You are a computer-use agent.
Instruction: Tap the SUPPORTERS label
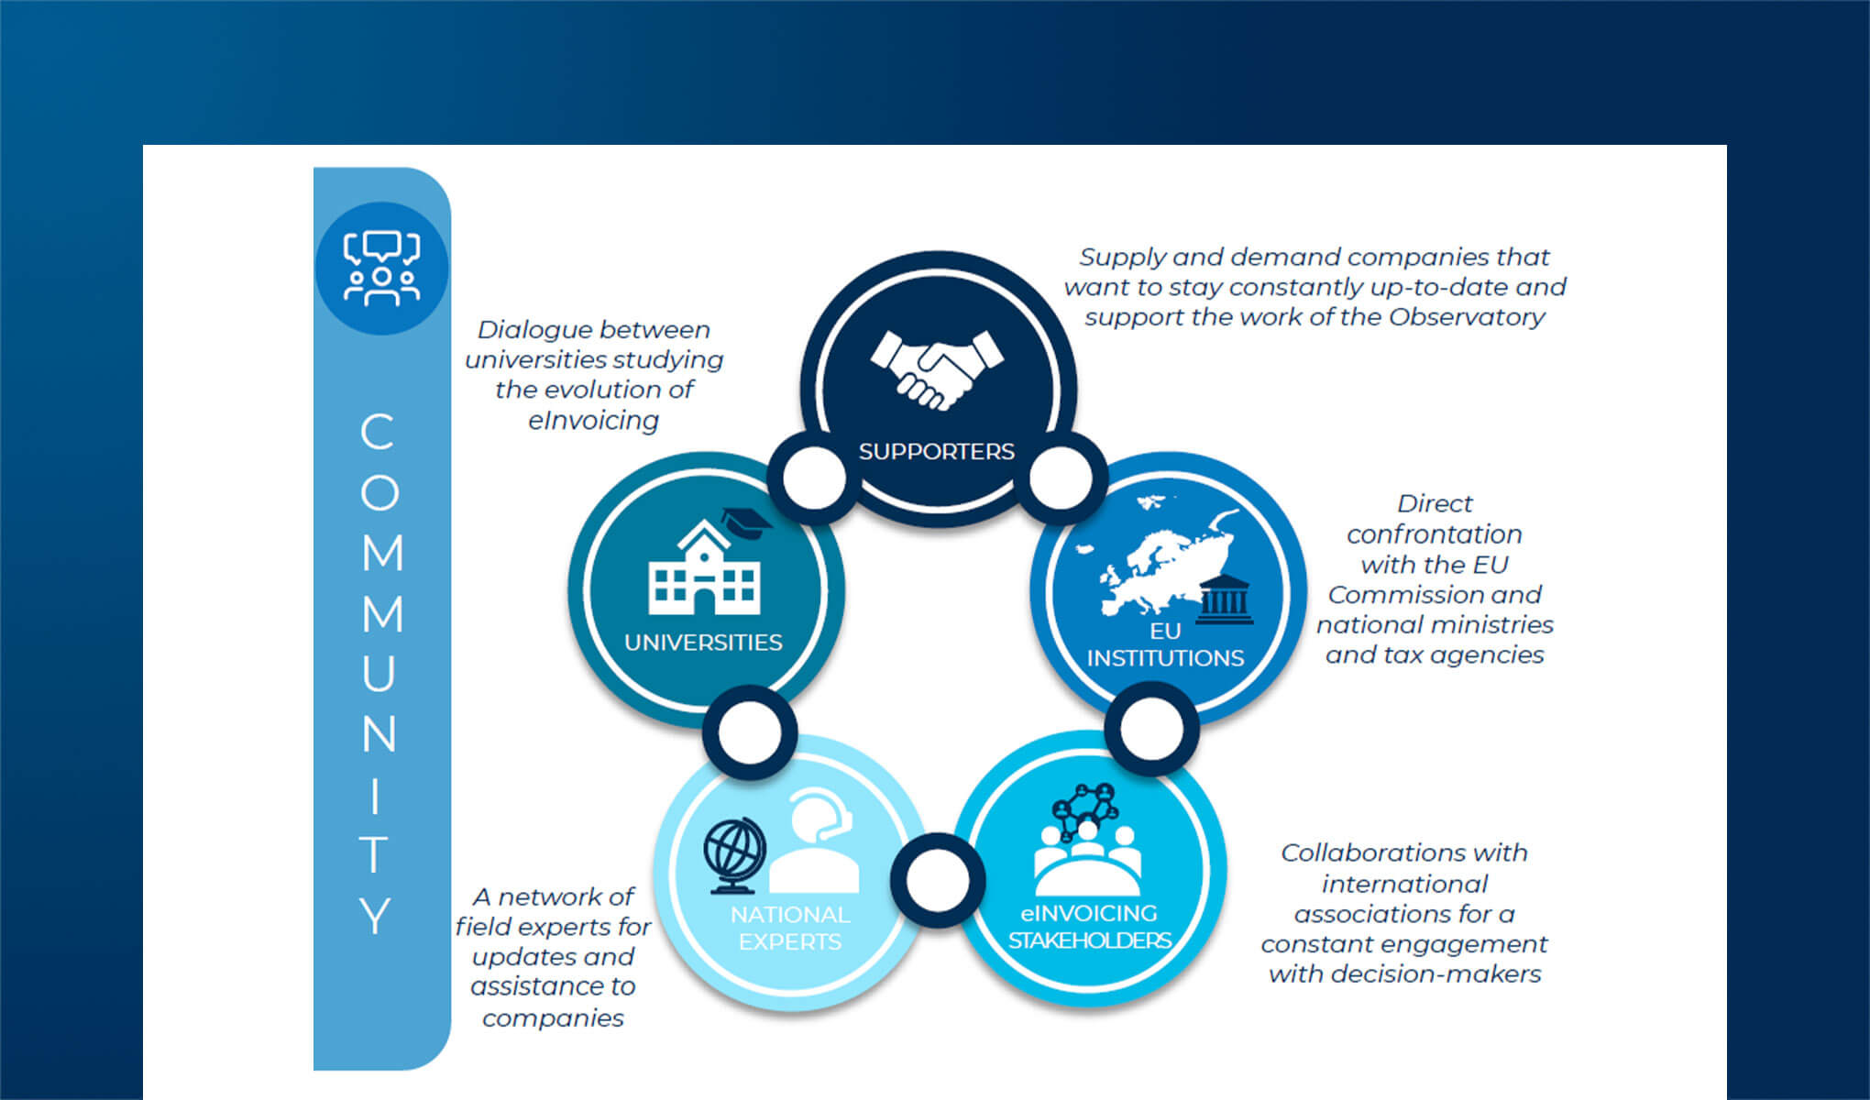936,451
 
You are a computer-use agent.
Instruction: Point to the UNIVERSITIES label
703,643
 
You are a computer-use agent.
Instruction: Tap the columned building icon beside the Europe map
1225,600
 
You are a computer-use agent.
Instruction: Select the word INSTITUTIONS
1165,658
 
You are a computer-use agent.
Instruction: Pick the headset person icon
815,843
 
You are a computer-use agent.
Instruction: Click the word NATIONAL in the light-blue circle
789,915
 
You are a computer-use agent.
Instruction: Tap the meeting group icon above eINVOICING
1087,839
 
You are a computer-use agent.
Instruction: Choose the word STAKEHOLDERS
1089,940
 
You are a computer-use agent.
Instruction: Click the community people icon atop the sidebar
381,269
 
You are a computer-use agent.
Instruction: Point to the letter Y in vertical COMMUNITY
376,915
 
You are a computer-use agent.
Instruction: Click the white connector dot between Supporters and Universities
813,478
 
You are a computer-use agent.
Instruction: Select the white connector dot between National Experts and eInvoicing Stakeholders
937,880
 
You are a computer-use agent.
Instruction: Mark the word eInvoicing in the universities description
593,421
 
